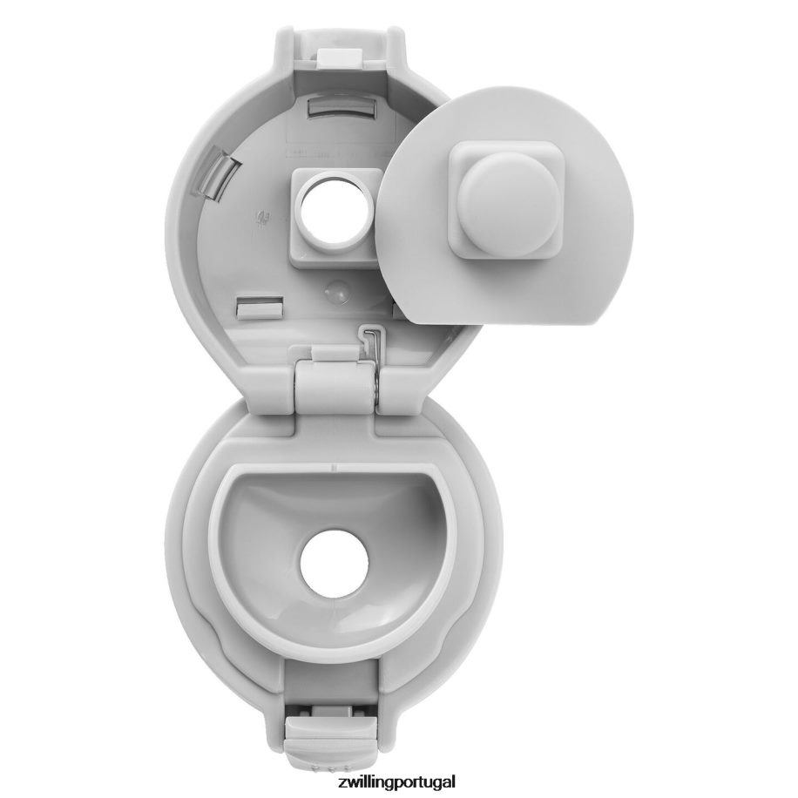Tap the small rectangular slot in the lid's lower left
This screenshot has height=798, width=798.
click(260, 308)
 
